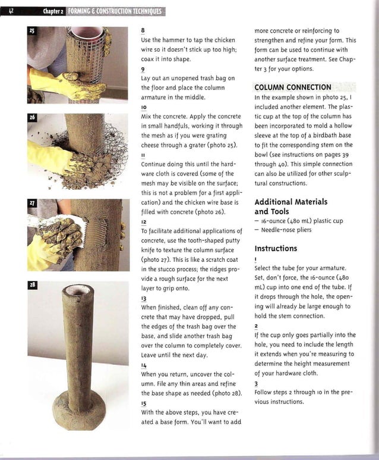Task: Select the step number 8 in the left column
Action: pyautogui.click(x=143, y=30)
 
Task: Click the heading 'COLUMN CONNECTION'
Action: pyautogui.click(x=293, y=87)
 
